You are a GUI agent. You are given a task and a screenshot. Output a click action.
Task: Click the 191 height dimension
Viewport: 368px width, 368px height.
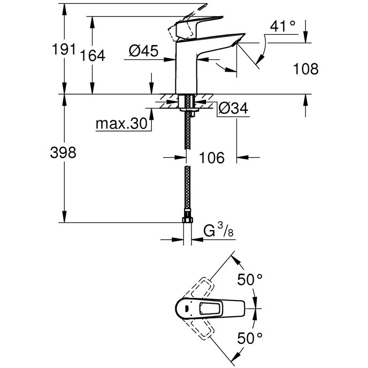[x=64, y=49]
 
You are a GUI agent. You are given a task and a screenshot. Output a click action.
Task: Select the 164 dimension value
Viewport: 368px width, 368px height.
[x=93, y=56]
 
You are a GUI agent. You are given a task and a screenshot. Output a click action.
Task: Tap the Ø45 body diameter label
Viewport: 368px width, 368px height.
[x=144, y=50]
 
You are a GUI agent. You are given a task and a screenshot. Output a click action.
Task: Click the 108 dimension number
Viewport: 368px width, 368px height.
[x=306, y=69]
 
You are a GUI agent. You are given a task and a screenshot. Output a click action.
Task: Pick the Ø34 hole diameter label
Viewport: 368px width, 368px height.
[x=233, y=108]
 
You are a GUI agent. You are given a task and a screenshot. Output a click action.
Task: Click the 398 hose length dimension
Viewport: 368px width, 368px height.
[x=63, y=152]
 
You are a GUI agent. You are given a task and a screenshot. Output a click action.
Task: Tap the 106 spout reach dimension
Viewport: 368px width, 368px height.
[x=212, y=157]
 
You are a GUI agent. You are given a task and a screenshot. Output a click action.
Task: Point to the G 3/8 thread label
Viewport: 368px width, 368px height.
[x=219, y=230]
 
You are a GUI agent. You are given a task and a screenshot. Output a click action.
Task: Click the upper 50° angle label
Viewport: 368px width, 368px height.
[x=250, y=280]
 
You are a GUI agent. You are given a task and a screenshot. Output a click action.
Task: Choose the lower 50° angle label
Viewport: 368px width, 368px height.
[x=250, y=338]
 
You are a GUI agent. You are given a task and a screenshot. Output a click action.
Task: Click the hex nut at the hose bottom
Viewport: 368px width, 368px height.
[x=187, y=220]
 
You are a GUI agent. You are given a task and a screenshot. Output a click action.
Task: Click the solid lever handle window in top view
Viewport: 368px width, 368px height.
[x=210, y=309]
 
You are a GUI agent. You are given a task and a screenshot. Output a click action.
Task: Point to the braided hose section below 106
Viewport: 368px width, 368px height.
[x=187, y=190]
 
